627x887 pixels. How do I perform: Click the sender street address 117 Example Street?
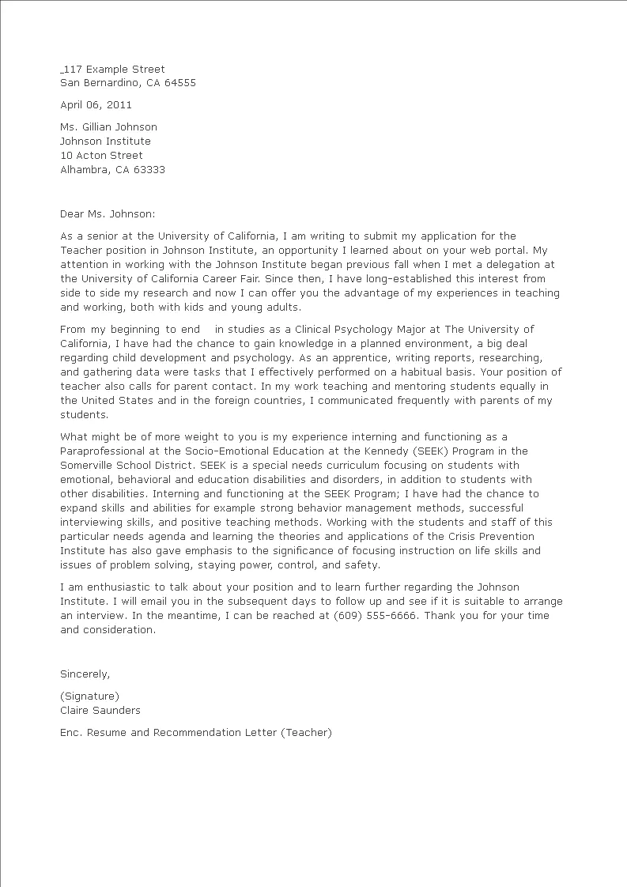pos(114,70)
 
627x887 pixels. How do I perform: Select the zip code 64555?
pos(180,83)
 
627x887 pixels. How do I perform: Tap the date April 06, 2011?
pos(96,104)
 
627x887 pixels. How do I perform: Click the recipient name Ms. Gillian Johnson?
pos(108,127)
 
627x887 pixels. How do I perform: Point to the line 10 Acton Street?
pos(101,156)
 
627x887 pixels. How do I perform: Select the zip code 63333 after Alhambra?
pos(149,170)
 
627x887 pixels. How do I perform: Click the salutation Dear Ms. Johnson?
pos(108,213)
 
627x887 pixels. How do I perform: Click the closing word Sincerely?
pos(85,674)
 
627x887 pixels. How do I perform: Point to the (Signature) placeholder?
pos(89,696)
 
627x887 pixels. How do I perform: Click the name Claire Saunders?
pos(100,711)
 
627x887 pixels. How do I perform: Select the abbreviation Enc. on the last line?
pos(71,733)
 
